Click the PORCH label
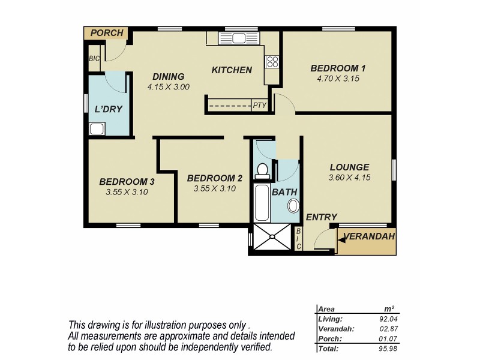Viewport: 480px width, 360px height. tap(106, 33)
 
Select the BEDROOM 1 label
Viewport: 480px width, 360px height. tap(338, 68)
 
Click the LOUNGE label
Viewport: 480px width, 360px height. tap(349, 167)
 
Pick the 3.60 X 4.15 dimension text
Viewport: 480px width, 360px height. tap(349, 178)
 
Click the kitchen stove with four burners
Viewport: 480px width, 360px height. tap(272, 61)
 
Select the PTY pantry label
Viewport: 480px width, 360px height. tap(259, 106)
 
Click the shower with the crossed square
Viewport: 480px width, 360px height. tap(271, 237)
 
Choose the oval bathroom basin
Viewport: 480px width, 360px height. tap(292, 207)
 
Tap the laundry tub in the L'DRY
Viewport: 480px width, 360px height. tap(97, 128)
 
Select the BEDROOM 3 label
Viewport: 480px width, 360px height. tap(127, 182)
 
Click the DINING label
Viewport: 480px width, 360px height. tap(168, 76)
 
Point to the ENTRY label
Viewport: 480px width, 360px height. tap(322, 217)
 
